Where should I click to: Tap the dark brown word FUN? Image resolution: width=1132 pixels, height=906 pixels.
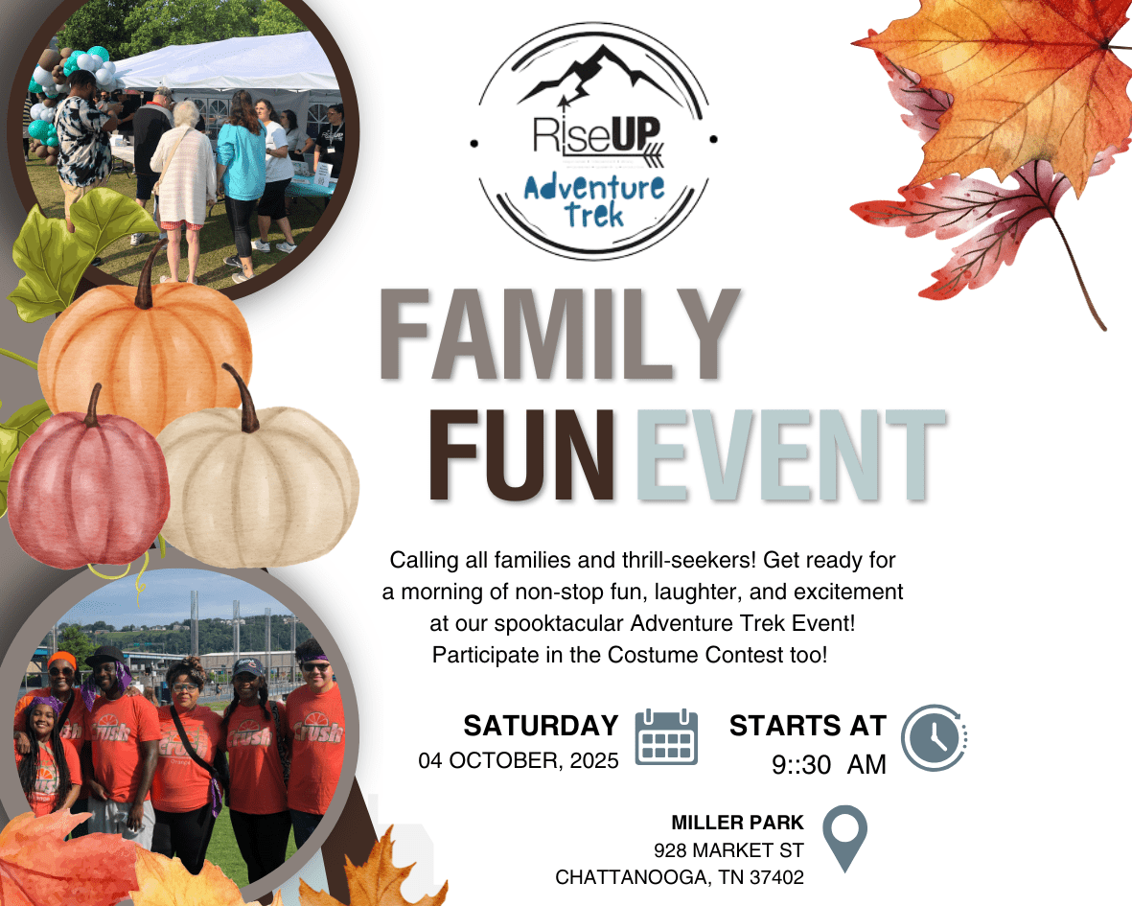[522, 454]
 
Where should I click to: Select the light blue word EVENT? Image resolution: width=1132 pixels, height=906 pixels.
[791, 454]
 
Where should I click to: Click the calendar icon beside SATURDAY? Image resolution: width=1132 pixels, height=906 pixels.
[666, 736]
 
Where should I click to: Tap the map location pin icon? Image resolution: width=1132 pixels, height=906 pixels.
[844, 838]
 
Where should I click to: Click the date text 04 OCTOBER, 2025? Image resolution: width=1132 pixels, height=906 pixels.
[519, 760]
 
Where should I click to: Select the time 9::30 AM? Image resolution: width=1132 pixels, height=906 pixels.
[829, 764]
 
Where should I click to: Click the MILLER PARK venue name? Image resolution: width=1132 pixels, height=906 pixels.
[737, 823]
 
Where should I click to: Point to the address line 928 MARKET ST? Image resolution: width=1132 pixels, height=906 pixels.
[728, 849]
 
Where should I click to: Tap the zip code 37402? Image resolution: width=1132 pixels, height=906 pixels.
[776, 877]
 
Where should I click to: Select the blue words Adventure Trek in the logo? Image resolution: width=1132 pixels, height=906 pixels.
[594, 201]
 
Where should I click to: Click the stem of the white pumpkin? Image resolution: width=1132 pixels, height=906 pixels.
[242, 398]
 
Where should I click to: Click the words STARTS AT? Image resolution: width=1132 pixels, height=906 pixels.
[808, 726]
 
